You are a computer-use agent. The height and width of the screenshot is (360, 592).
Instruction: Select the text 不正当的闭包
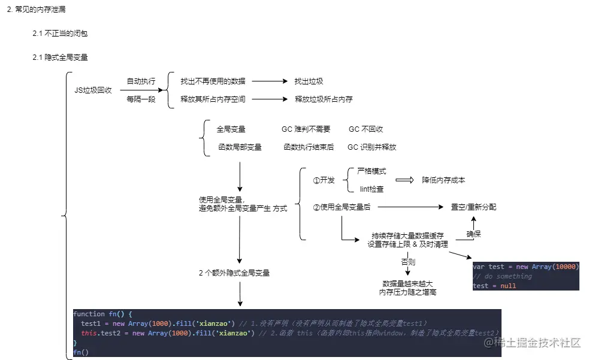[66, 34]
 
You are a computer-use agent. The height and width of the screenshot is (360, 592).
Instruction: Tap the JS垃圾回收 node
[93, 90]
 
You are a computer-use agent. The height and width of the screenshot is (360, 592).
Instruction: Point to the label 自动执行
[141, 81]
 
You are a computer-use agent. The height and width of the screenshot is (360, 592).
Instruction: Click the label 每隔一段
[141, 99]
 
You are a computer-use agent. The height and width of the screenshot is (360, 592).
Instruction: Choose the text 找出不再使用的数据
[213, 81]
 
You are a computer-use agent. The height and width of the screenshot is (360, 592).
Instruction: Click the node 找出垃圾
[309, 81]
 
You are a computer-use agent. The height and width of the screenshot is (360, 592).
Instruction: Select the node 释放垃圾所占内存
[324, 99]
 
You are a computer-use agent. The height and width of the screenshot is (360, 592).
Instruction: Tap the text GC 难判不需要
[306, 129]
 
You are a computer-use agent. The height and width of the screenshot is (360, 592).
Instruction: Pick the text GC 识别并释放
[371, 147]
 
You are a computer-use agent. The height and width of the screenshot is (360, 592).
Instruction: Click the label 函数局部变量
[240, 147]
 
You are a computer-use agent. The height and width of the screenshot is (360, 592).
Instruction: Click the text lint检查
[371, 189]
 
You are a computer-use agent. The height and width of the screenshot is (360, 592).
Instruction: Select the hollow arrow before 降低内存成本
[405, 180]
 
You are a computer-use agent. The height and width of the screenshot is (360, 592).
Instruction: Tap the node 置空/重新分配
[473, 207]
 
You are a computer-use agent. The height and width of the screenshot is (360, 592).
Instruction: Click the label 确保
[473, 234]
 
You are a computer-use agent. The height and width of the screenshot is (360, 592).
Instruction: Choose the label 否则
[408, 262]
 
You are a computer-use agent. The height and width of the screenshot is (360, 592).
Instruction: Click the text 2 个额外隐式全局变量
[234, 273]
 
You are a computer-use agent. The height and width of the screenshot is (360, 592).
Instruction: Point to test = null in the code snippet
[494, 286]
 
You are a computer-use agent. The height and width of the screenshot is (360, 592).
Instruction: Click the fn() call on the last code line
[81, 352]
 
